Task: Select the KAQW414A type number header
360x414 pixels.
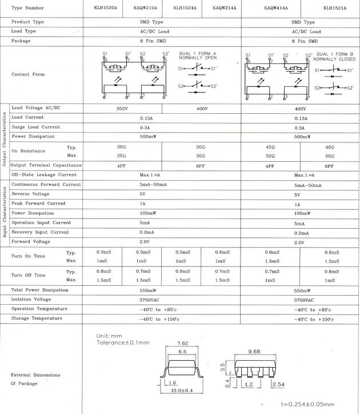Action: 276,8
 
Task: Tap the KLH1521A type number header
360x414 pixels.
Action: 334,8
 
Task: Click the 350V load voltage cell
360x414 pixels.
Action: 122,108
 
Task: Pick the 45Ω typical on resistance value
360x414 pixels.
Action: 271,147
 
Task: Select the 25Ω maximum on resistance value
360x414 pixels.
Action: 122,156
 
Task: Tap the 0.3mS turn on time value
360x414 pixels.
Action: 103,252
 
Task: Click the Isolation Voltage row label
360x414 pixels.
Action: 31,299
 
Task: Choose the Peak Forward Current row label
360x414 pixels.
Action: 38,203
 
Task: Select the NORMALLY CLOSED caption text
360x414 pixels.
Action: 334,59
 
